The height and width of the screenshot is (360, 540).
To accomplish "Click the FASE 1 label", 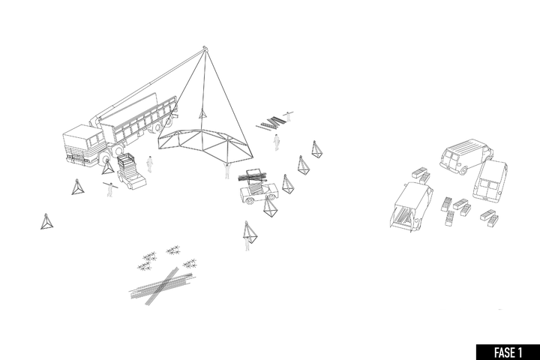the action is click(x=508, y=352).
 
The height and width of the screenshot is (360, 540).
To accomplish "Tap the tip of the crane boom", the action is click(x=204, y=47).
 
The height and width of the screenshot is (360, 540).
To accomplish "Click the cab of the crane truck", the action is click(x=82, y=145).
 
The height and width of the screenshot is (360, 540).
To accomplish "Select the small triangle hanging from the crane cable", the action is click(x=202, y=114).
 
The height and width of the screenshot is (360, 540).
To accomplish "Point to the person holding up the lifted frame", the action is click(x=226, y=171).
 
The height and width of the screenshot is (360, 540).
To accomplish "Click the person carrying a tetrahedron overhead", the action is click(x=247, y=237).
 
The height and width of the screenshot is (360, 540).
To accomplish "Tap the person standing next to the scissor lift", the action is click(x=149, y=164).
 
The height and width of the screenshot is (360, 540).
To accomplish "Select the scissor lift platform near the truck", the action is click(x=130, y=171).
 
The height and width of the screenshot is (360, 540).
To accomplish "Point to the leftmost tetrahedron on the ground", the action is click(x=46, y=221).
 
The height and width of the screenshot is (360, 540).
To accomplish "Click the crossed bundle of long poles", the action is click(x=161, y=286).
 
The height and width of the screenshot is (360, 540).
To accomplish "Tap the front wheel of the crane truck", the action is click(x=105, y=159).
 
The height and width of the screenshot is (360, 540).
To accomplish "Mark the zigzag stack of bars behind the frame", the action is click(x=271, y=123).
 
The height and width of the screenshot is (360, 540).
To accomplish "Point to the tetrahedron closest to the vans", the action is click(x=316, y=149).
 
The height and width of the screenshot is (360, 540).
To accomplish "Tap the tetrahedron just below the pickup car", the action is click(x=271, y=207).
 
